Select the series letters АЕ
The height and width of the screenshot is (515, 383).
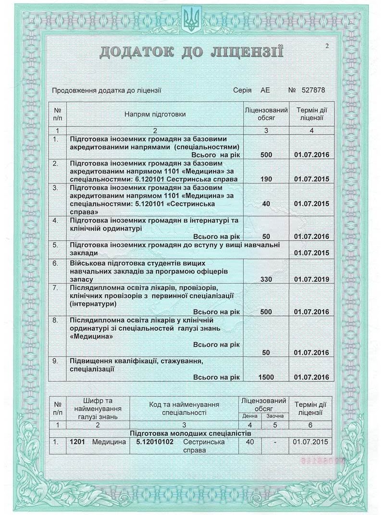coord(265,90)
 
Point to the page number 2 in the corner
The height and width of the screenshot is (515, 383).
coord(327,46)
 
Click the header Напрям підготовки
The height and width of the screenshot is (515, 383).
coord(155,114)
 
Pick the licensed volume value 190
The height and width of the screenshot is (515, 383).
coord(266,179)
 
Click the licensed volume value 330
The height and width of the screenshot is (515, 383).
coord(266,279)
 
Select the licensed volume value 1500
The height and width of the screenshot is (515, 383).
coord(266,377)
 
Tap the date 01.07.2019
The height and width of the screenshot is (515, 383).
coord(311,279)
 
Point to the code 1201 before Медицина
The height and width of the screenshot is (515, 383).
coord(77,441)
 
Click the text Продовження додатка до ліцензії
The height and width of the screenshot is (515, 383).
coord(107,90)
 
